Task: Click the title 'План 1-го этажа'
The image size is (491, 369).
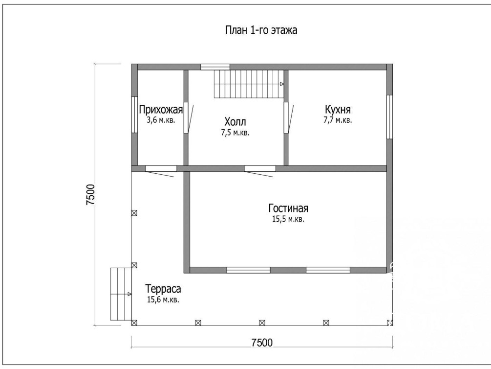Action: tap(261, 30)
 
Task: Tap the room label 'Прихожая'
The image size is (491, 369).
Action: tap(161, 110)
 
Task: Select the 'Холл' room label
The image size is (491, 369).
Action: tap(235, 121)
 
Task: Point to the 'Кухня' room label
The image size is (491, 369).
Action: tap(338, 110)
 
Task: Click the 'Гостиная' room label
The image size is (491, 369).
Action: tap(288, 208)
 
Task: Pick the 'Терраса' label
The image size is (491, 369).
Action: tap(163, 289)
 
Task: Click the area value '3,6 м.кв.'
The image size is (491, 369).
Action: tap(161, 120)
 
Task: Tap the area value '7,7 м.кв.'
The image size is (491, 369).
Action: tap(338, 120)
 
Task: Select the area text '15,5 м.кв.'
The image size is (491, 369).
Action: tap(288, 219)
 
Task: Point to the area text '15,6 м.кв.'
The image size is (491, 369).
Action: tap(163, 300)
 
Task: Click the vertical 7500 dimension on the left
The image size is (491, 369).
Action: tap(90, 195)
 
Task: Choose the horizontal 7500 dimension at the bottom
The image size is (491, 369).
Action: tap(262, 343)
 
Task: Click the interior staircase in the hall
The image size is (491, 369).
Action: tap(249, 84)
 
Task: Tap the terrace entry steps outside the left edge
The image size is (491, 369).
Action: tap(121, 294)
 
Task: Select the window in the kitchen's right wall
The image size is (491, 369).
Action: tap(389, 117)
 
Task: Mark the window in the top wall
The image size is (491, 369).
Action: tap(215, 67)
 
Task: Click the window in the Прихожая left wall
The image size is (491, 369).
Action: tap(134, 115)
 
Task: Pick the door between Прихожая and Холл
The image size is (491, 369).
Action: tap(188, 117)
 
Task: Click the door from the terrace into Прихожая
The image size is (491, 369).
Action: tap(160, 171)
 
